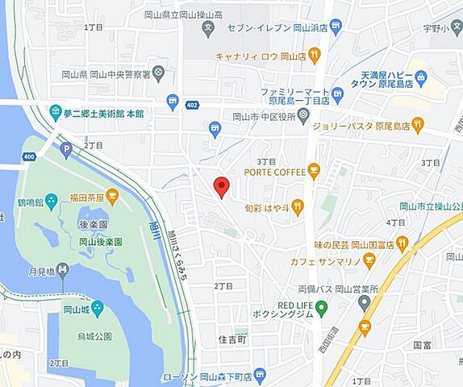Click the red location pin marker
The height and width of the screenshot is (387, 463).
click(x=221, y=187)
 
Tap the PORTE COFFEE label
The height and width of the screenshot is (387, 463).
click(x=274, y=172)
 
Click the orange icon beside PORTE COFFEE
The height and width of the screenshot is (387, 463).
click(x=314, y=171)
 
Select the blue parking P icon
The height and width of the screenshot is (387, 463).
click(x=66, y=148)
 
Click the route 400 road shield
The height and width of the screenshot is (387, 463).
click(x=30, y=156)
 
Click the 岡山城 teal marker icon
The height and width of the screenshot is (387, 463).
click(x=97, y=308)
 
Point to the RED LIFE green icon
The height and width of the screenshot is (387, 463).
click(x=321, y=308)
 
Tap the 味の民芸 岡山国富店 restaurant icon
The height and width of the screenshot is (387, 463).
click(x=403, y=242)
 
